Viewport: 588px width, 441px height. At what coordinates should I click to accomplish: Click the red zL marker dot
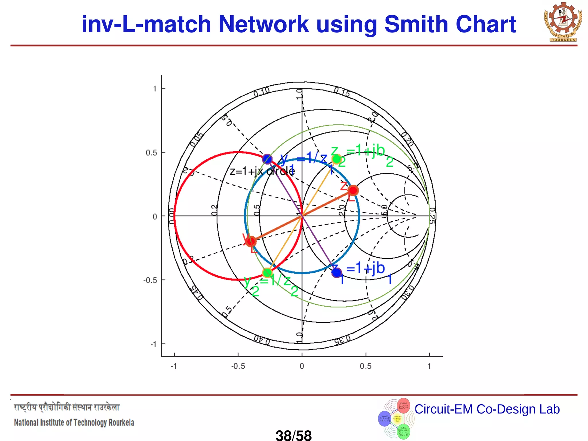(353, 190)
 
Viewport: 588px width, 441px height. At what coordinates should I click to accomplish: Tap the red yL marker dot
(251, 241)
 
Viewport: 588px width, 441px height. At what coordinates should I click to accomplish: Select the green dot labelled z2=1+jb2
(336, 159)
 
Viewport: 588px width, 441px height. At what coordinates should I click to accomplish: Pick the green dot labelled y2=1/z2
(267, 272)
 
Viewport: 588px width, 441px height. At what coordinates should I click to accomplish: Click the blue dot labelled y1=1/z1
(267, 159)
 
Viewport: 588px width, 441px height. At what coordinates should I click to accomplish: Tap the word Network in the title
(263, 24)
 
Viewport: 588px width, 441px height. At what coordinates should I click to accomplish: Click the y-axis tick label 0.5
(151, 153)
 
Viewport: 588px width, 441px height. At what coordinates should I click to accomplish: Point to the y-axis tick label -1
(154, 344)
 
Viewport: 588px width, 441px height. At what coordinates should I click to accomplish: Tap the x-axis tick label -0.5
(238, 366)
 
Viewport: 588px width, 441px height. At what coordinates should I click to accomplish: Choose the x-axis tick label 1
(429, 366)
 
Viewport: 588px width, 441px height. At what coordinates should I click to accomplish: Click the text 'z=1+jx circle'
(262, 171)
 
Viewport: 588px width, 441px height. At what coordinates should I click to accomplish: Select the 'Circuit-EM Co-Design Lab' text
(487, 409)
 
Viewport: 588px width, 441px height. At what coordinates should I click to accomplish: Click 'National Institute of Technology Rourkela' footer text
(74, 423)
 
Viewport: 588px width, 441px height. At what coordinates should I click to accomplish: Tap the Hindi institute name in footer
(67, 408)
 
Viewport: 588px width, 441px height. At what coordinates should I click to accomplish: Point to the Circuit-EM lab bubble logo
(396, 418)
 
